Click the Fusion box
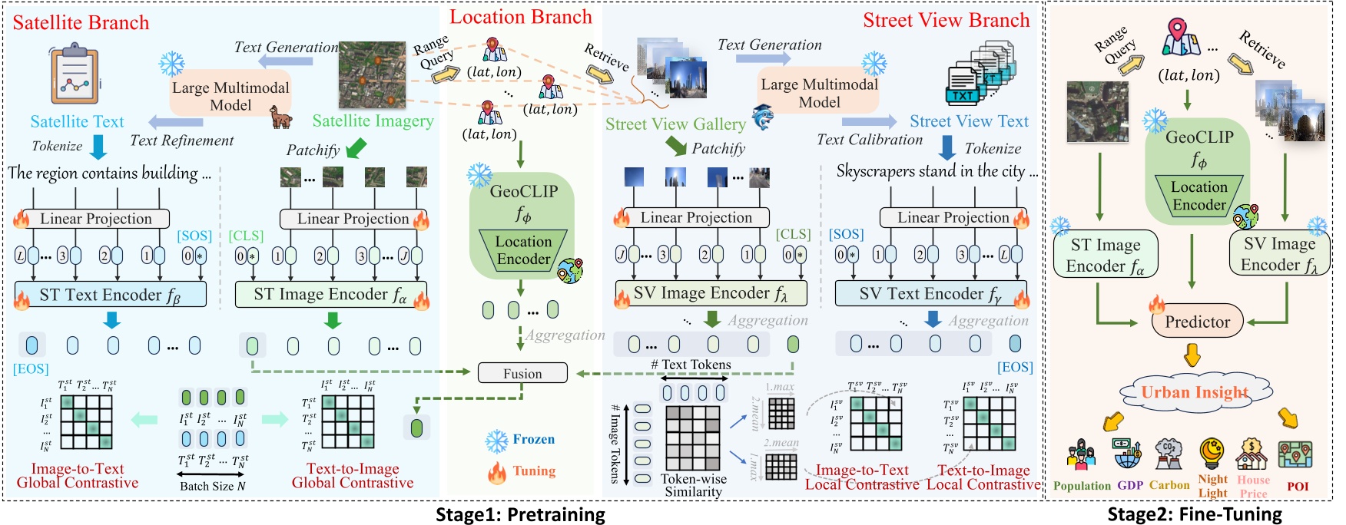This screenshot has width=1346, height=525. pos(522,373)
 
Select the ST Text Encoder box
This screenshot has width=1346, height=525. pos(111,294)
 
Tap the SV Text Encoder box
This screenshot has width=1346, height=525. pos(930,293)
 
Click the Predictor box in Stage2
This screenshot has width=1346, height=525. pos(1197,322)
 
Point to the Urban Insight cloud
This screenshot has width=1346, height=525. pos(1194,392)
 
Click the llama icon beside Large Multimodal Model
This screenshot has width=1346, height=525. pos(280,117)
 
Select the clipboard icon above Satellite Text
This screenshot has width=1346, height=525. pos(75,77)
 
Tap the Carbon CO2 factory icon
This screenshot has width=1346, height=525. pos(1169,455)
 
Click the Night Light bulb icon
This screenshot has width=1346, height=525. pos(1212,454)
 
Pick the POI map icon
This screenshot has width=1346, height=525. pos(1295,454)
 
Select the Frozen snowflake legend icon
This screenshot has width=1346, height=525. pos(497,441)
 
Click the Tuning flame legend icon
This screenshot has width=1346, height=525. pos(497,471)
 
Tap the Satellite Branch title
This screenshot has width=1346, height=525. pos(81,22)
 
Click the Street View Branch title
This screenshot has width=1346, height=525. pos(946,21)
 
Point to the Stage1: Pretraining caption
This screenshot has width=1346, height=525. pos(520,514)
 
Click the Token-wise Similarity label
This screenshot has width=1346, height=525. pos(693,485)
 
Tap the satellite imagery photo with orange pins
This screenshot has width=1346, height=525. pos(372,74)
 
